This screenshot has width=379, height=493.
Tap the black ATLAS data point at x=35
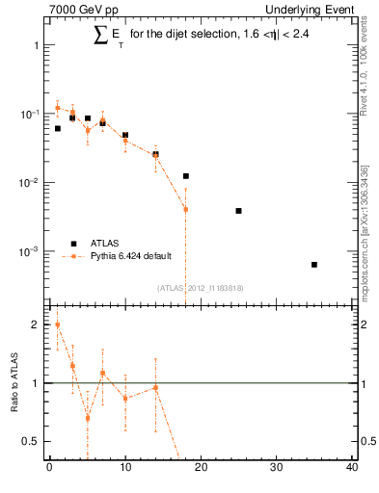314,264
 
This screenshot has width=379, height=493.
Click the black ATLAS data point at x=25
238,210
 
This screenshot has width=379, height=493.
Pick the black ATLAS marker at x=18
185,176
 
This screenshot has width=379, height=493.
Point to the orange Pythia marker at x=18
185,209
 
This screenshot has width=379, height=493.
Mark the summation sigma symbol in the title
100,36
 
